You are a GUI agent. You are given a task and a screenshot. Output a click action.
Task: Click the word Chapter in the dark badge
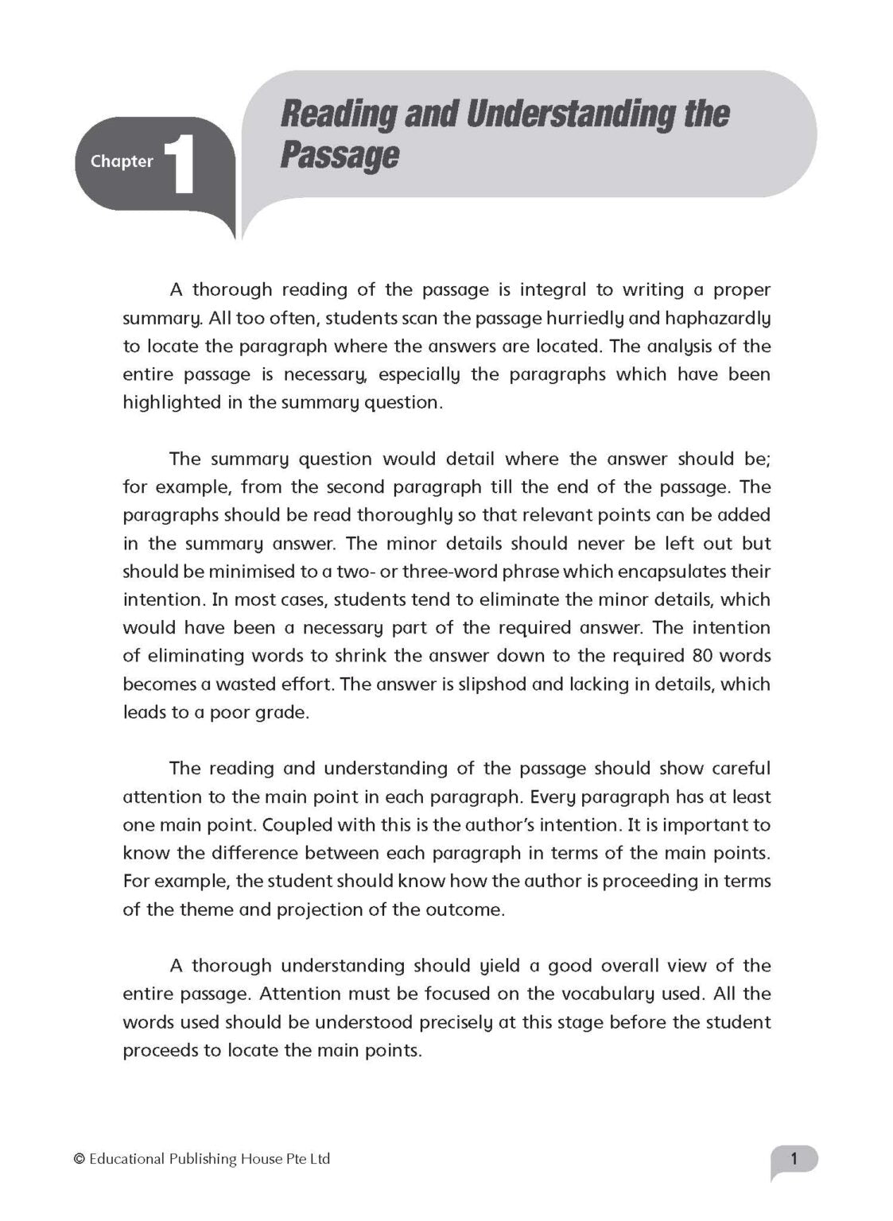click(122, 161)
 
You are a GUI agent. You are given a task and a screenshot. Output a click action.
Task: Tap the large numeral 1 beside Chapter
click(181, 165)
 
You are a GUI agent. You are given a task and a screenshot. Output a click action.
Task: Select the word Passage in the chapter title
click(339, 156)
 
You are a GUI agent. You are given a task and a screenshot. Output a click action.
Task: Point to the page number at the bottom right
click(793, 1159)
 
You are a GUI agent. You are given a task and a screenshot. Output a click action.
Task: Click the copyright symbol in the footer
click(79, 1160)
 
